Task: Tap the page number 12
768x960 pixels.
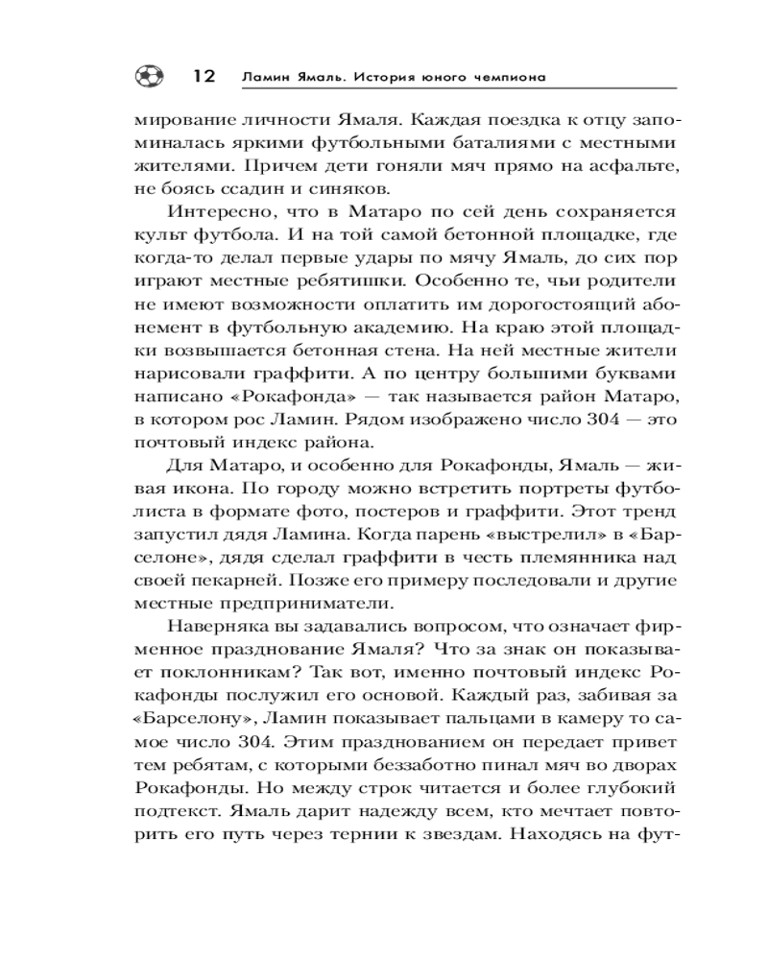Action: tap(204, 76)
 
